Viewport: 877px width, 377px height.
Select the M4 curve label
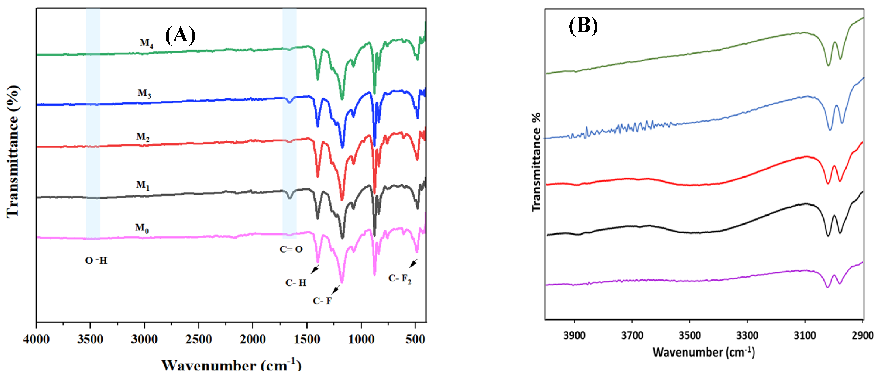(x=147, y=43)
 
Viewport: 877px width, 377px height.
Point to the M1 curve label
(x=143, y=185)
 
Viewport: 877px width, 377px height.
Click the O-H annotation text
(x=96, y=261)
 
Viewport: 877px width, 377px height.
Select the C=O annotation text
(x=291, y=249)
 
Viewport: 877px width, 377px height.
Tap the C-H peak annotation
(x=296, y=283)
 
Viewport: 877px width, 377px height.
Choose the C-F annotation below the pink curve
(x=322, y=301)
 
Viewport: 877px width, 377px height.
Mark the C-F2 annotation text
(x=400, y=279)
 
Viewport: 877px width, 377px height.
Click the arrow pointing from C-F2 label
(x=413, y=263)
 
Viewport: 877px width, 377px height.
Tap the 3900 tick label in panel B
(x=574, y=336)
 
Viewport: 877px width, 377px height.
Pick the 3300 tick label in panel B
(x=747, y=336)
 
